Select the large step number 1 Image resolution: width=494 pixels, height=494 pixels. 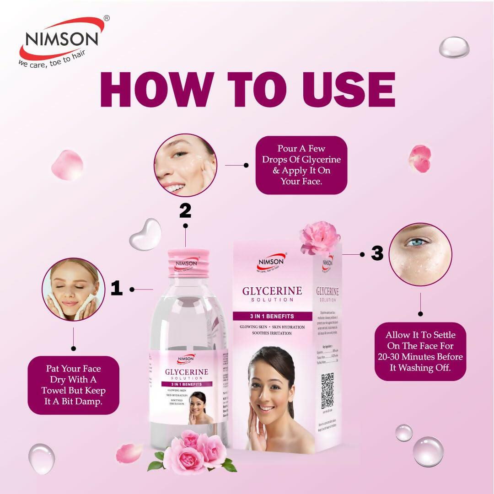pyautogui.click(x=117, y=289)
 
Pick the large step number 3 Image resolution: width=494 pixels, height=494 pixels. pyautogui.click(x=377, y=253)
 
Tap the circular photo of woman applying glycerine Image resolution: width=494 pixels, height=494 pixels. pyautogui.click(x=185, y=165)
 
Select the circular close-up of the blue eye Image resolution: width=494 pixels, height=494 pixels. pyautogui.click(x=420, y=254)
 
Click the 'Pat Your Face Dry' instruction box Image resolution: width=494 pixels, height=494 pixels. pyautogui.click(x=73, y=385)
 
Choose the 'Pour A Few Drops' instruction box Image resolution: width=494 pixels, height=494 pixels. pyautogui.click(x=301, y=165)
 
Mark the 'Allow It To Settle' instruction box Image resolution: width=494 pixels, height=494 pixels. pyautogui.click(x=420, y=351)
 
